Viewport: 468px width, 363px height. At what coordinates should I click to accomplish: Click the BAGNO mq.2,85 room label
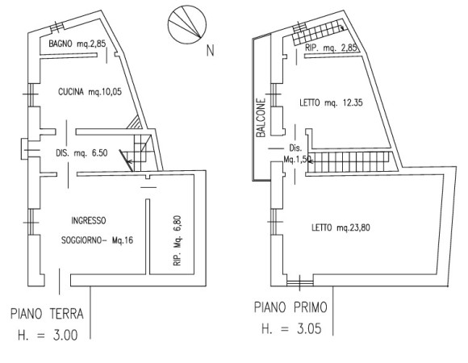pos(77,44)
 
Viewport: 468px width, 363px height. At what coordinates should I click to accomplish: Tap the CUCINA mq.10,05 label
pos(90,92)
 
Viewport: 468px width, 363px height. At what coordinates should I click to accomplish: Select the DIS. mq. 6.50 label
pos(81,153)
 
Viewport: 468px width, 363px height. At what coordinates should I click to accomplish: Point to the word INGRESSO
pos(88,221)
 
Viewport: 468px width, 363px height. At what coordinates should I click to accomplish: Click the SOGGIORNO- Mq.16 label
pos(97,240)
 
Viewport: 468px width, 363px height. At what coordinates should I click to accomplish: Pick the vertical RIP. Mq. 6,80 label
pos(178,240)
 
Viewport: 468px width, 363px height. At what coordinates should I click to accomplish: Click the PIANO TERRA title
pos(47,314)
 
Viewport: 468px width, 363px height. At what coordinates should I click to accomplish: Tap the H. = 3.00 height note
pos(48,335)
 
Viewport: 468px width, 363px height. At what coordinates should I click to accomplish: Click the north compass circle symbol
pos(187,24)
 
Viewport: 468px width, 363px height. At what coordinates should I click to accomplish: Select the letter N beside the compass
pos(211,50)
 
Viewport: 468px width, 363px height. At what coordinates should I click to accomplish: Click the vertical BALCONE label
pos(261,118)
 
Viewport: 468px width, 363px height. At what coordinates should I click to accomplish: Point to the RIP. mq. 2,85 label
pos(331,48)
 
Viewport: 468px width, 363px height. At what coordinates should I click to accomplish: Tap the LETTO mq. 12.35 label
pos(331,103)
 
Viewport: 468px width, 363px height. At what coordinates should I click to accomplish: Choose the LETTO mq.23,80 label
pos(341,227)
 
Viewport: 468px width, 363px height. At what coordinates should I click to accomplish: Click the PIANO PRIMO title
pos(290,307)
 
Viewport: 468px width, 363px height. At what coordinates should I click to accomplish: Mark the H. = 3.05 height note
pos(291,328)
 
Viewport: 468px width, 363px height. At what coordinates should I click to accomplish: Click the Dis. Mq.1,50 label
pos(296,153)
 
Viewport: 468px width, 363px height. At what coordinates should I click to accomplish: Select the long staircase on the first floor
pos(349,162)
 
